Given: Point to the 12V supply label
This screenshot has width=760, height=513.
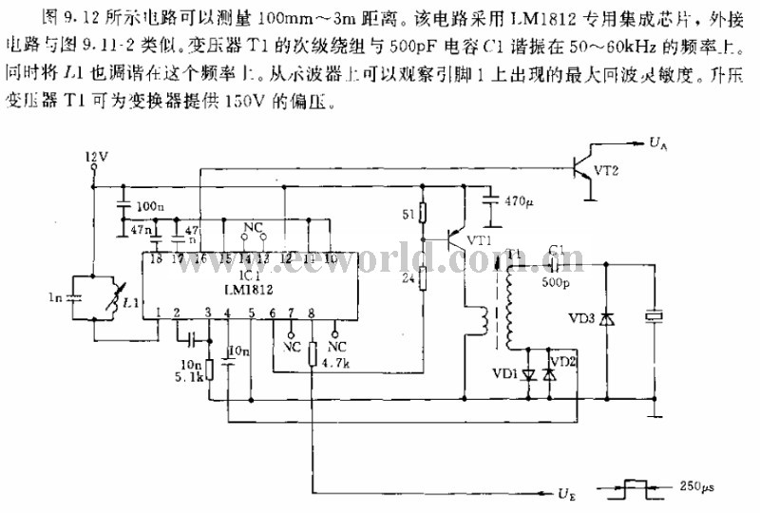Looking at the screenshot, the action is pyautogui.click(x=97, y=155).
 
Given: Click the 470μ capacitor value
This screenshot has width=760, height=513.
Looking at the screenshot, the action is pyautogui.click(x=520, y=201).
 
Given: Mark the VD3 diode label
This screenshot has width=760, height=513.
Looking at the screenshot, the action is pyautogui.click(x=582, y=317).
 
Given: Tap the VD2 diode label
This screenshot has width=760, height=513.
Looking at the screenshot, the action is pyautogui.click(x=563, y=361).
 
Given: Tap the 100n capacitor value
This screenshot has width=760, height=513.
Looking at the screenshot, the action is pyautogui.click(x=148, y=206).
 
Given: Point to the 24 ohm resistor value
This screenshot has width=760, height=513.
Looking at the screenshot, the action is pyautogui.click(x=409, y=278).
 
